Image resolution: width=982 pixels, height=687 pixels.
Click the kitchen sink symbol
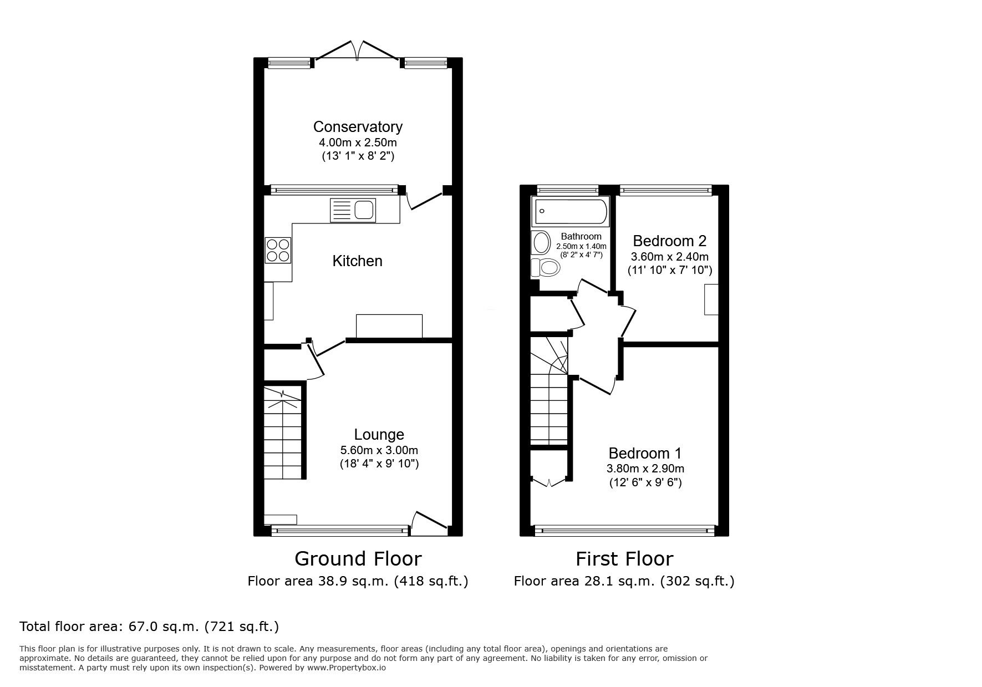pyautogui.click(x=353, y=210)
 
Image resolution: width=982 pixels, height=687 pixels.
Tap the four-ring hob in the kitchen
pyautogui.click(x=278, y=250)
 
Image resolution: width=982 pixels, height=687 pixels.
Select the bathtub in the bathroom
pyautogui.click(x=570, y=211)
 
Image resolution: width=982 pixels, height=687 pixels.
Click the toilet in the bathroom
pyautogui.click(x=546, y=268)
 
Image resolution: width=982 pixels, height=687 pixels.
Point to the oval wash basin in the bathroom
pyautogui.click(x=541, y=243)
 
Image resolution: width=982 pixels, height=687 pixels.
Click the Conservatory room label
pyautogui.click(x=358, y=127)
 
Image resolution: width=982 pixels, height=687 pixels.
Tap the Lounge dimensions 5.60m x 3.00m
pyautogui.click(x=379, y=450)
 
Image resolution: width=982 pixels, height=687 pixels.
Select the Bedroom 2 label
pyautogui.click(x=669, y=241)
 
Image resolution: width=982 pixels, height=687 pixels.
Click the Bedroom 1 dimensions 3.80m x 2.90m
pyautogui.click(x=645, y=469)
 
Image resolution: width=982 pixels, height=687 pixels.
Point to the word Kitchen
pyautogui.click(x=357, y=261)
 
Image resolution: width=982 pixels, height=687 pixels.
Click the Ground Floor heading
pyautogui.click(x=358, y=558)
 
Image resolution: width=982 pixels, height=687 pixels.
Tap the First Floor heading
pyautogui.click(x=624, y=558)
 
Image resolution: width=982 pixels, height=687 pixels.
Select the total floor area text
pyautogui.click(x=149, y=627)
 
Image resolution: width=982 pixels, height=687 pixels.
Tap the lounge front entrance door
pyautogui.click(x=430, y=523)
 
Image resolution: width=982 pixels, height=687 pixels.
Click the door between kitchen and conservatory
pyautogui.click(x=425, y=200)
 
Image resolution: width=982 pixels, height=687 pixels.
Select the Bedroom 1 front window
pyautogui.click(x=624, y=531)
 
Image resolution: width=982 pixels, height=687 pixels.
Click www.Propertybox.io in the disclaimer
pyautogui.click(x=346, y=668)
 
